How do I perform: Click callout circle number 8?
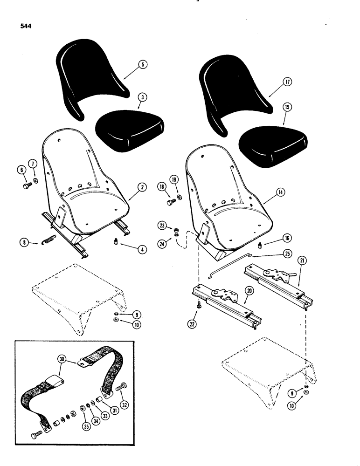click(x=23, y=242)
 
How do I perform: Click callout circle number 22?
click(x=193, y=323)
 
